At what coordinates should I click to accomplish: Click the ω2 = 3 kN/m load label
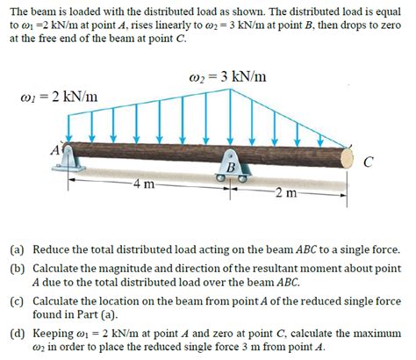[224, 76]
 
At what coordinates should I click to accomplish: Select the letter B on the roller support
[231, 167]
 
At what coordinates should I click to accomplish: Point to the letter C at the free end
[377, 162]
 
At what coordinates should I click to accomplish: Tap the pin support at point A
[72, 165]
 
